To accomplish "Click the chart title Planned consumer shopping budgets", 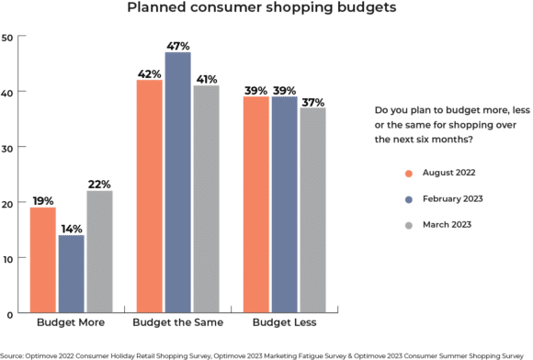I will click(266, 10).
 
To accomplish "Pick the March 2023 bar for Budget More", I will click(98, 252).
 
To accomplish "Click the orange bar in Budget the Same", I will click(149, 197).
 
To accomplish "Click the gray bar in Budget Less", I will click(312, 210).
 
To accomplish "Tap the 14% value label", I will click(71, 227).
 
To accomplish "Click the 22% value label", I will click(98, 183).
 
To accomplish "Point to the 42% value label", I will click(149, 72).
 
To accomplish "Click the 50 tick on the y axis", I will click(6, 38).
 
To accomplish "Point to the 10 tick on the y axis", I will click(6, 259).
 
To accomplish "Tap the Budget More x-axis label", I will click(71, 324).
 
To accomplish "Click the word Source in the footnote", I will click(12, 354).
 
